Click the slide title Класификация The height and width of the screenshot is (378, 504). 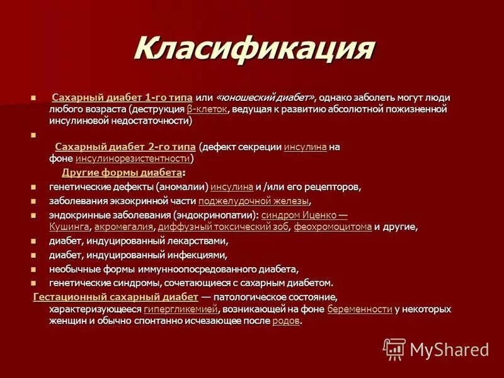tap(254, 49)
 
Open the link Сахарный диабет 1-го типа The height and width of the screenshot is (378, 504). tap(122, 98)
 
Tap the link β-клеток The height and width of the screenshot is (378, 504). tap(207, 109)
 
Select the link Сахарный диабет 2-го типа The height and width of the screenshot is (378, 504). tap(125, 147)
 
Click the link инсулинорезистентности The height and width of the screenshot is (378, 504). tap(132, 158)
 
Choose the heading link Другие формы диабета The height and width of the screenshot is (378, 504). tap(122, 173)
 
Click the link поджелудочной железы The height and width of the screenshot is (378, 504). tap(254, 201)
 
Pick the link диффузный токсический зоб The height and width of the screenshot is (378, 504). tap(224, 227)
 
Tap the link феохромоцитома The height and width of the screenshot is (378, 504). tap(333, 227)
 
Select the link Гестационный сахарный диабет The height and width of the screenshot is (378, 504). tap(115, 297)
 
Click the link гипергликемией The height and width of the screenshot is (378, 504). tap(181, 309)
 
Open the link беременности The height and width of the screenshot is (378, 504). tap(359, 309)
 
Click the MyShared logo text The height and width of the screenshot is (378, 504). tap(449, 349)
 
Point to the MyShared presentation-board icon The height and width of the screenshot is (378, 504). tap(394, 348)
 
